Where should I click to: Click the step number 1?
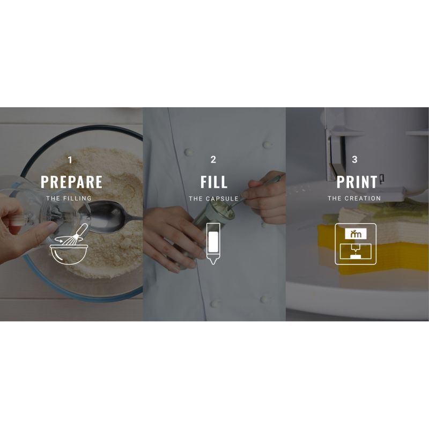[70, 160]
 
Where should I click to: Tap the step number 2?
[213, 159]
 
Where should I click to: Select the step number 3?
[354, 159]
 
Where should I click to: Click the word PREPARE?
[72, 182]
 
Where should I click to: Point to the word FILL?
[214, 182]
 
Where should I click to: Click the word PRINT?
[357, 182]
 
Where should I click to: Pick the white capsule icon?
[213, 243]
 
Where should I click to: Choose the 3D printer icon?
[356, 244]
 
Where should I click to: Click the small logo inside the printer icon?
[356, 234]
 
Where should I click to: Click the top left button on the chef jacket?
[189, 151]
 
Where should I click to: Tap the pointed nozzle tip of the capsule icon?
[213, 263]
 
